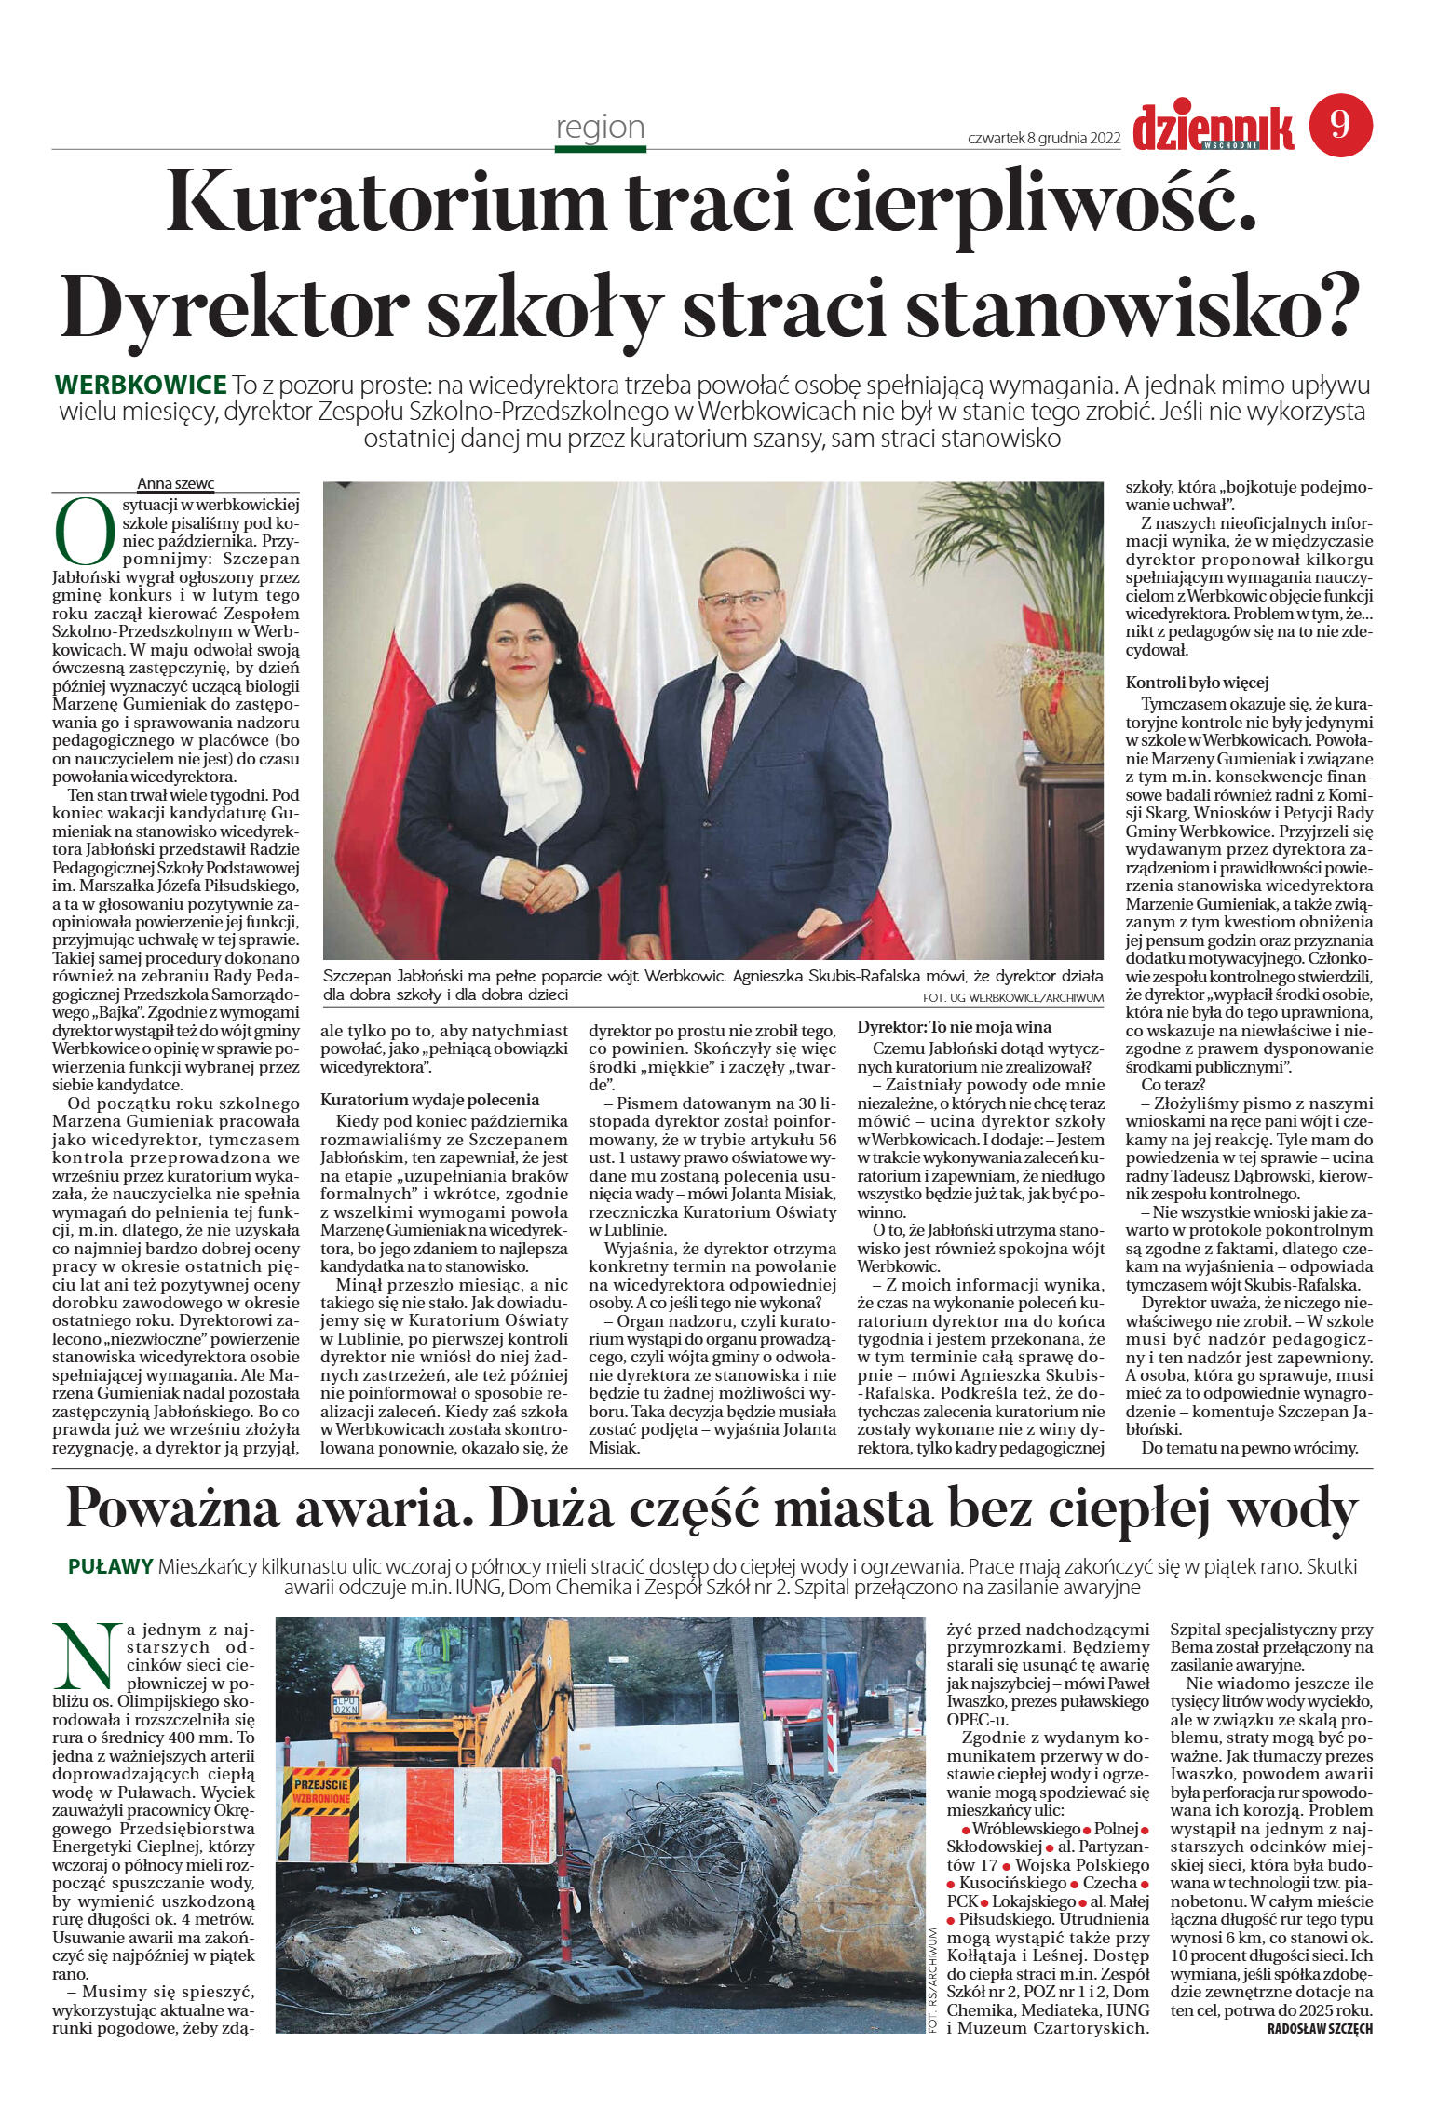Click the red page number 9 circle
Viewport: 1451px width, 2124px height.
pos(1340,125)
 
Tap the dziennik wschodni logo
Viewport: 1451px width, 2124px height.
pos(1213,129)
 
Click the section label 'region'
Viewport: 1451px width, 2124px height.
pos(600,128)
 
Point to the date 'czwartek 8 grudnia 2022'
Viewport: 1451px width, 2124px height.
pos(1044,139)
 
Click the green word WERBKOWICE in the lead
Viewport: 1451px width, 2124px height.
pos(141,385)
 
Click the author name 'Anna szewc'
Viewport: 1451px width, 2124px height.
pos(175,483)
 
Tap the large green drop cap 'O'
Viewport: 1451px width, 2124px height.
pos(85,532)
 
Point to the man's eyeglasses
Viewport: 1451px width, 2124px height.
pos(739,599)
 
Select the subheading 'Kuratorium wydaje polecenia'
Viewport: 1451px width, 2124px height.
pos(429,1100)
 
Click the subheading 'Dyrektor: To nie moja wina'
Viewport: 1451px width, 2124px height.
pos(954,1027)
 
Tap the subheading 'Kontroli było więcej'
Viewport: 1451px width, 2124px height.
pos(1197,683)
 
